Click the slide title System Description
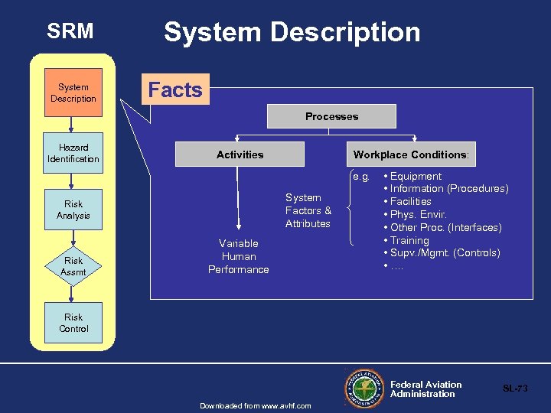[x=292, y=32]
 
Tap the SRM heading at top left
[x=70, y=31]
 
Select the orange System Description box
[x=73, y=93]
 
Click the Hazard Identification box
[x=73, y=153]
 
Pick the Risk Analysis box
[x=73, y=210]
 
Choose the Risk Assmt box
[x=73, y=266]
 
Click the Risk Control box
[x=73, y=323]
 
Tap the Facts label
[x=175, y=90]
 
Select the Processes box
[x=331, y=116]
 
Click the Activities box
[x=240, y=154]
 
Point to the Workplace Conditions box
[x=410, y=154]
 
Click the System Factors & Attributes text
[x=308, y=210]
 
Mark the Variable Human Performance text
[x=239, y=256]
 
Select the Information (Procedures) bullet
[x=448, y=189]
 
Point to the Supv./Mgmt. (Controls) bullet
[x=445, y=253]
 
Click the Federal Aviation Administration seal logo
[x=365, y=388]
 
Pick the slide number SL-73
[x=514, y=389]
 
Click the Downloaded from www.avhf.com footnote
[x=255, y=405]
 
